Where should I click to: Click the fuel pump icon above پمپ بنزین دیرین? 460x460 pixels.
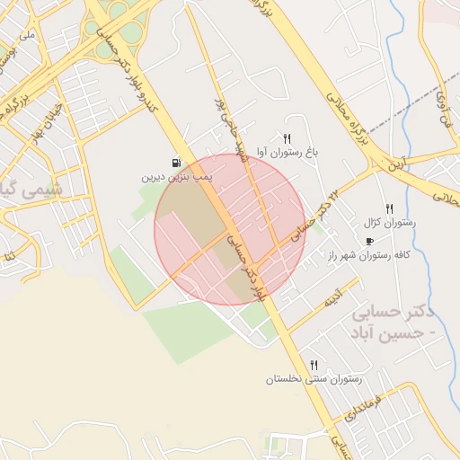coord(176,163)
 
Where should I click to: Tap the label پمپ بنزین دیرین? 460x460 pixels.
coord(178,178)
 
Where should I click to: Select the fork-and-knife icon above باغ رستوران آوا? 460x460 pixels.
coord(287,138)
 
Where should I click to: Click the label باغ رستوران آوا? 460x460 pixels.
coord(287,153)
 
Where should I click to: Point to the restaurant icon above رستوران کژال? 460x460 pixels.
coord(389,208)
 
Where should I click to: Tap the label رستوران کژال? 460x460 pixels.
coord(387,222)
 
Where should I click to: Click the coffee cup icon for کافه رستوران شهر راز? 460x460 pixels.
coord(369,242)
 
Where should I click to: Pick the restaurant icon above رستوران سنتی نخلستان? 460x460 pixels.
coord(314,365)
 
